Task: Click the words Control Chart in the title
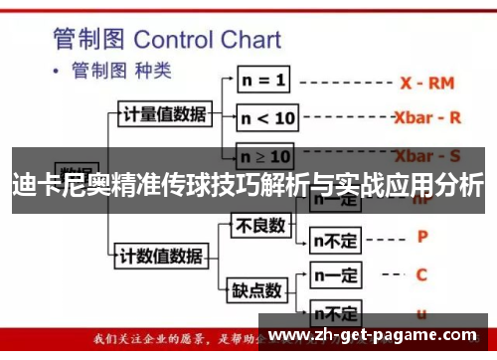[207, 40]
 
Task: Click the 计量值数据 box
[164, 113]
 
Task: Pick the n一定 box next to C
[336, 273]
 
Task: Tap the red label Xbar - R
[427, 117]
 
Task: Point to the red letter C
[421, 273]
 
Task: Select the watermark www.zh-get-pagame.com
[379, 334]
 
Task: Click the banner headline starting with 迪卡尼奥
[248, 184]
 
